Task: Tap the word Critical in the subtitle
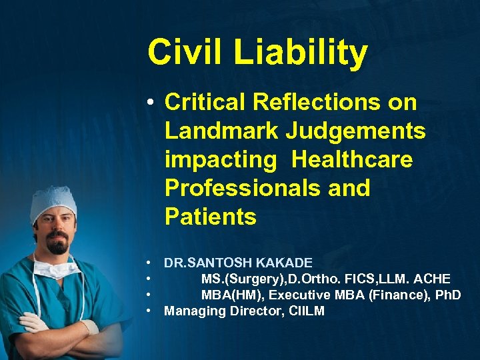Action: pos(205,102)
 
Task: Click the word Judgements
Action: pos(355,131)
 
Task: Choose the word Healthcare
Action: pos(352,159)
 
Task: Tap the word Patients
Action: pos(210,217)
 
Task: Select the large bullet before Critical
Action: pos(152,103)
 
